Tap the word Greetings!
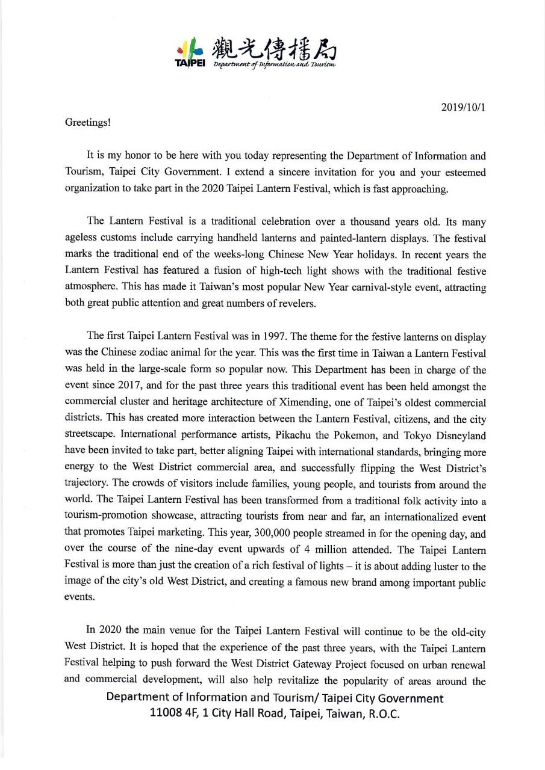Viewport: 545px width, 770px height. tap(87, 122)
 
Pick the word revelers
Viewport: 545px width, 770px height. tap(296, 304)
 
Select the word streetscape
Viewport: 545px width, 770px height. tap(88, 435)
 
